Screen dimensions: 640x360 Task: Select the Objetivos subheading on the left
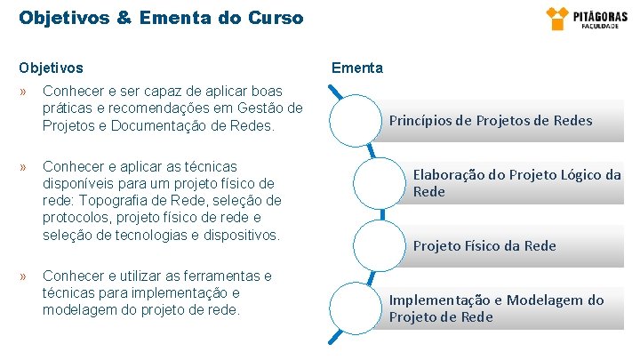click(52, 68)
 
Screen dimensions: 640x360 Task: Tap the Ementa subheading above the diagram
click(357, 68)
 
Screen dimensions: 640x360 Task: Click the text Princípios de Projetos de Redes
click(490, 121)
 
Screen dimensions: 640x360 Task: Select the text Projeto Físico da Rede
click(484, 246)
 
